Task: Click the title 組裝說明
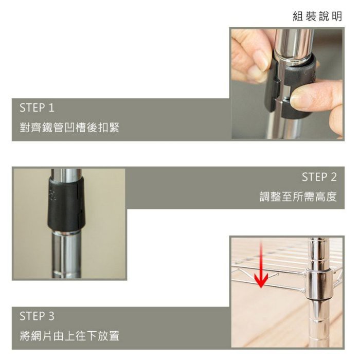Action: (317, 16)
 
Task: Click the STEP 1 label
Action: (37, 108)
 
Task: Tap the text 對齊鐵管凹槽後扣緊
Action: (69, 128)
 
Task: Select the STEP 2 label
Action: (319, 177)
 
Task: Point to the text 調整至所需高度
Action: (298, 197)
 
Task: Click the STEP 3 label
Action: (37, 316)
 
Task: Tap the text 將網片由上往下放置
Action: (69, 336)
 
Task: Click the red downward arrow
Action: (261, 264)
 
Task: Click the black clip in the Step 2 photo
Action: (65, 204)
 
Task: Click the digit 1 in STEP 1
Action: (51, 108)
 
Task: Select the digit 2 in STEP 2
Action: (333, 177)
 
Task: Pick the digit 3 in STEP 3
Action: (51, 316)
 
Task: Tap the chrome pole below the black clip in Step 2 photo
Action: (66, 255)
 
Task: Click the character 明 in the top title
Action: (337, 16)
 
